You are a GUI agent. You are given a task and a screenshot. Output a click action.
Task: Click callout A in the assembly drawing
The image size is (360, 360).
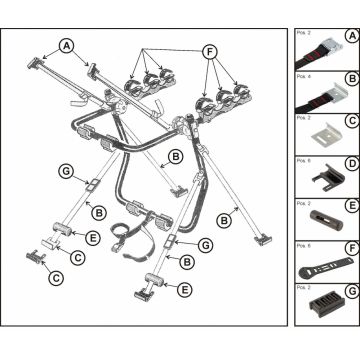tap(66, 46)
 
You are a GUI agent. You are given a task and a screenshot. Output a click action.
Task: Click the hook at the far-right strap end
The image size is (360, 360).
tap(263, 238)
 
